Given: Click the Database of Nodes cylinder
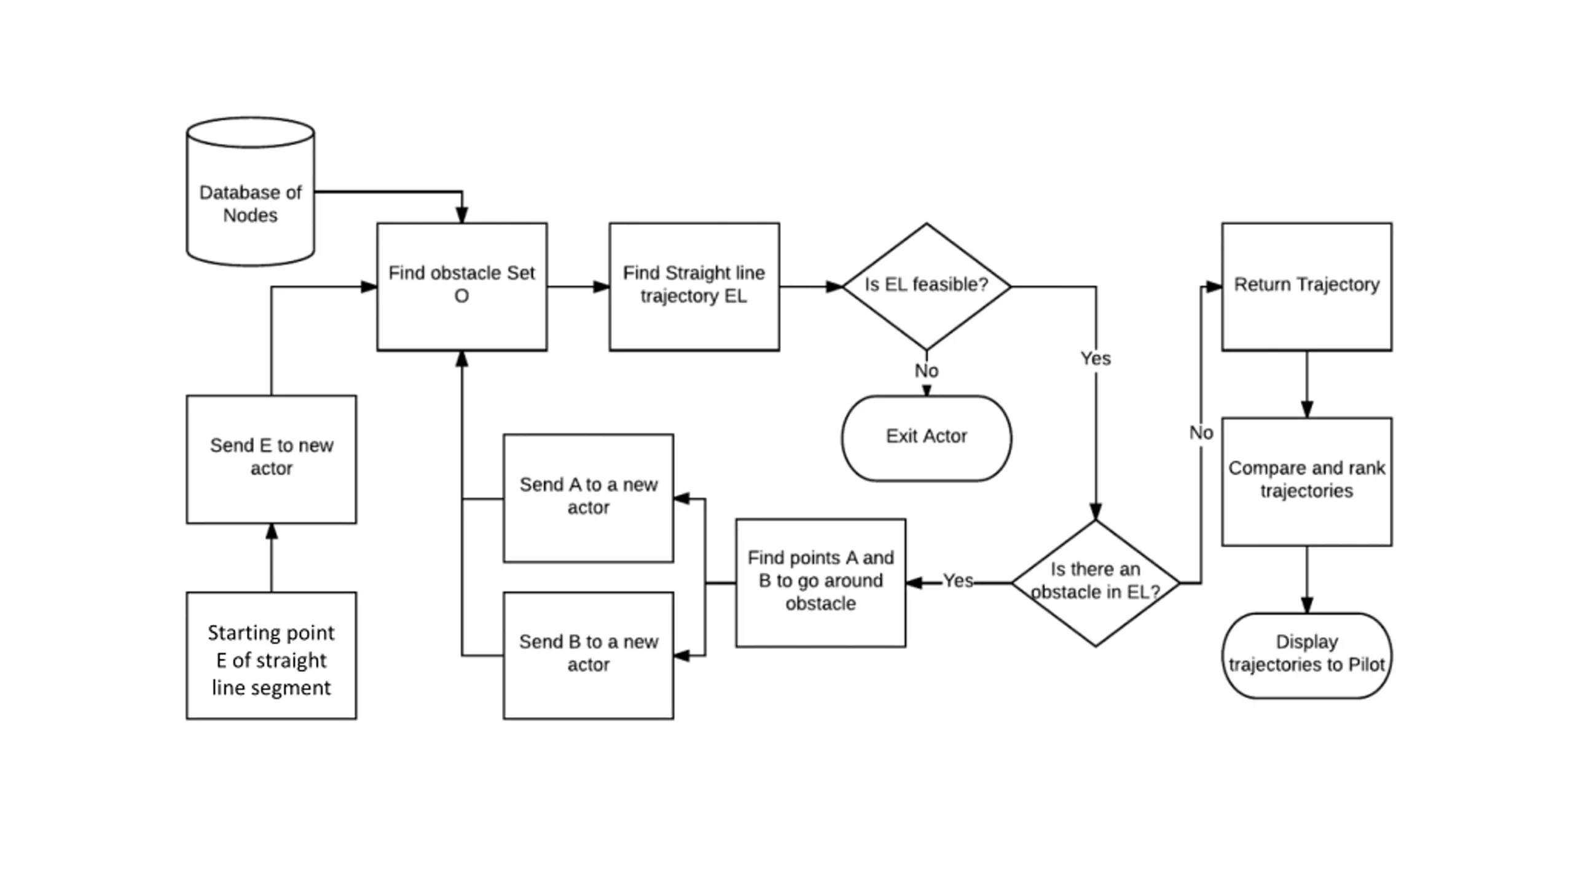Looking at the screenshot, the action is point(250,192).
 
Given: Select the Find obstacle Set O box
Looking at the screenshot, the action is point(462,287).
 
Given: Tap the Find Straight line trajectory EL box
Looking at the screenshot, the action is point(694,287).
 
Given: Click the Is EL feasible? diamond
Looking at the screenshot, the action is point(927,286).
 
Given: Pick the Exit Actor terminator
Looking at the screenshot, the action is point(927,438).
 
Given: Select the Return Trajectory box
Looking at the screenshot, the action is point(1307,287).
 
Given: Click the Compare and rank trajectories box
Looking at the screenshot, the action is point(1307,482).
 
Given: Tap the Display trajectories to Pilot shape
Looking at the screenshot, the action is point(1307,655).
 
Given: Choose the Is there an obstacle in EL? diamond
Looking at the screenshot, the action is point(1096,583).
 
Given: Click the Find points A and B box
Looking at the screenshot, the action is point(821,583).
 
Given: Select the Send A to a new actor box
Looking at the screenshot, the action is point(589,498).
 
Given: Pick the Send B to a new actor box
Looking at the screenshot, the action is point(589,655).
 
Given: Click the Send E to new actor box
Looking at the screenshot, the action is point(272,460).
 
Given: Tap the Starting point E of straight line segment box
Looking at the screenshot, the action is point(272,655).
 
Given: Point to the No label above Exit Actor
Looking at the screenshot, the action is point(927,371).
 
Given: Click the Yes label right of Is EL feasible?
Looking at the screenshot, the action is point(1096,358).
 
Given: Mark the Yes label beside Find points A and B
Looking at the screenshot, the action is point(958,581).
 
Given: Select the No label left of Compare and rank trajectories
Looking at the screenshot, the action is point(1201,433).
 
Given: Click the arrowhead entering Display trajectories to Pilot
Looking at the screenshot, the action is point(1307,605).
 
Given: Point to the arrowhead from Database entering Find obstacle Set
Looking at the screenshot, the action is point(462,215).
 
